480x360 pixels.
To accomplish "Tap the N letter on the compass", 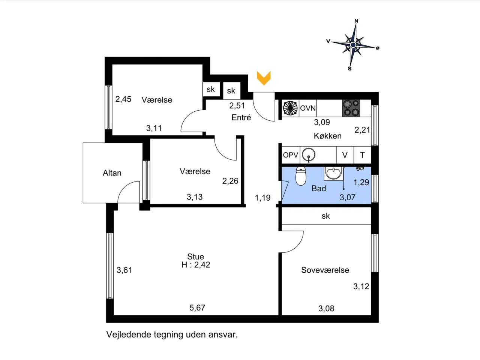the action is tap(356, 21).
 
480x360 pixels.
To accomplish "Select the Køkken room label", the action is tap(328, 136).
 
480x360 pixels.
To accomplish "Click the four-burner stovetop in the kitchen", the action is tap(351, 108).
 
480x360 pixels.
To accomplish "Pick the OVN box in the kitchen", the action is tap(307, 108).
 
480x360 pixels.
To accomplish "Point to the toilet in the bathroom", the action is tap(301, 176).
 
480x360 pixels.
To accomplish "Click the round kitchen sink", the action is tap(309, 155).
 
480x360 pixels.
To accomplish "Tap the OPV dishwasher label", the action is tap(291, 155).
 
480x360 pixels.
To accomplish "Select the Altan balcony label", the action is tap(112, 173).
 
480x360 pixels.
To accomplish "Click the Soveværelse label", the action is tap(325, 270).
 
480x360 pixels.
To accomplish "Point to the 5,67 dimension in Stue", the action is tap(197, 308).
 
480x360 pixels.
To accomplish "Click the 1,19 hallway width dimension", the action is tap(262, 198).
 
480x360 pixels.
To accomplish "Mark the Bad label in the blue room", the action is tap(319, 188).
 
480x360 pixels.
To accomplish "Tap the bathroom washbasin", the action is tap(333, 173).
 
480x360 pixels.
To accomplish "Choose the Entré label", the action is tap(241, 118).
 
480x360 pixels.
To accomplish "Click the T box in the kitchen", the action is tap(362, 155).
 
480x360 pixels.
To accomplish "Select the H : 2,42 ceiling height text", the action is tap(196, 265).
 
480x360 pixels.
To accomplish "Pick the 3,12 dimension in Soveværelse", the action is tap(361, 286).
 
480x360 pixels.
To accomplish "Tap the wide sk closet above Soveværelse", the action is tap(326, 216).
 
